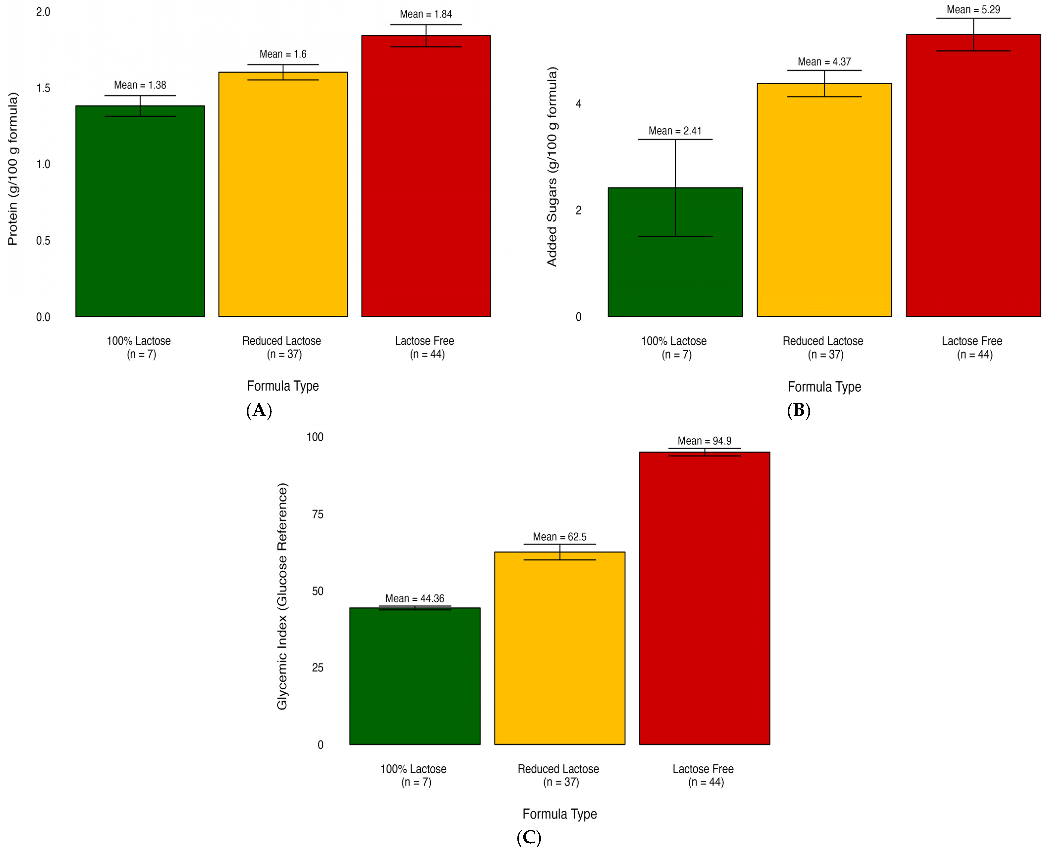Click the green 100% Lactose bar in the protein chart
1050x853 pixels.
click(140, 211)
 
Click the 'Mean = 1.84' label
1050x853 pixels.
click(426, 14)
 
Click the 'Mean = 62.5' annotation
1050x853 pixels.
click(560, 537)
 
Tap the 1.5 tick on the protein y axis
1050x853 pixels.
click(43, 88)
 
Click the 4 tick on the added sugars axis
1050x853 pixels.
click(579, 104)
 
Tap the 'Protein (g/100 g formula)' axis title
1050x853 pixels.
click(13, 168)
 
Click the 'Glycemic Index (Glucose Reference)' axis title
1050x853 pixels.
click(282, 596)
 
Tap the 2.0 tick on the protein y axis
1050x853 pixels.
click(43, 12)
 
